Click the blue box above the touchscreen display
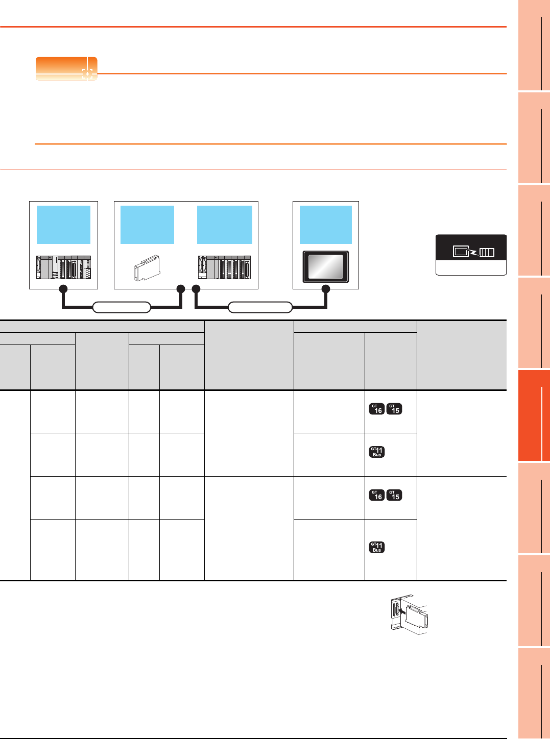[x=325, y=225]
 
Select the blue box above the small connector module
[x=147, y=225]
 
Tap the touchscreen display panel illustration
[x=326, y=266]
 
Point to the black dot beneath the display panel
[x=326, y=289]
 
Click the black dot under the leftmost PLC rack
[x=63, y=289]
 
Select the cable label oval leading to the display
[x=260, y=307]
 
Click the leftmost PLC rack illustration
[x=63, y=267]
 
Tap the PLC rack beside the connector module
[x=224, y=267]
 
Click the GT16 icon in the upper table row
[x=377, y=409]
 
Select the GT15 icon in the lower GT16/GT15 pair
[x=394, y=495]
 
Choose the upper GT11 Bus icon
[x=377, y=452]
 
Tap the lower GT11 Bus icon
[x=377, y=547]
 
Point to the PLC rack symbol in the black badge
[x=487, y=252]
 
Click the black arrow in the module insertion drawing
[x=401, y=609]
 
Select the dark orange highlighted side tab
[x=534, y=415]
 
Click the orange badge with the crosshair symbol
[x=66, y=68]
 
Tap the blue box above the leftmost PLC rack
[x=63, y=225]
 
